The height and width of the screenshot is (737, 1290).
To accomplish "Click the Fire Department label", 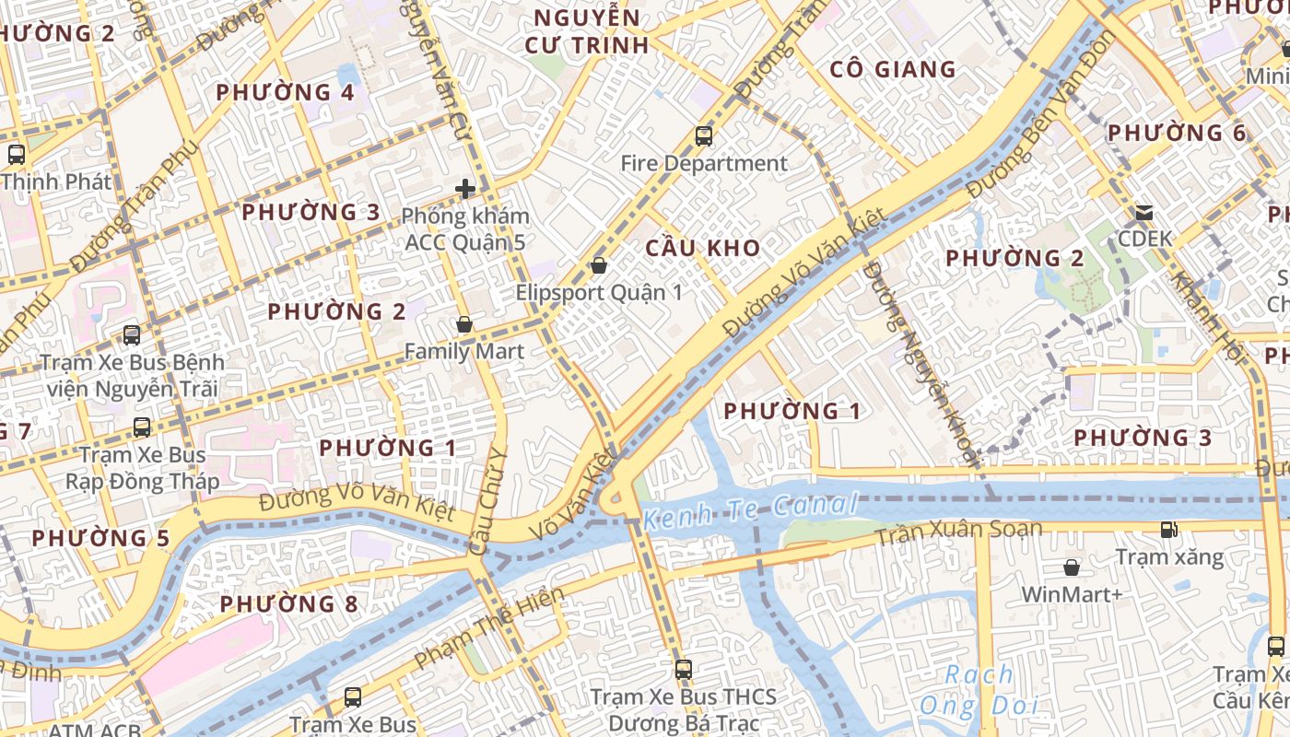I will point(704,164).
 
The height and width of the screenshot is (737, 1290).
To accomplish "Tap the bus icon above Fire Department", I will point(704,136).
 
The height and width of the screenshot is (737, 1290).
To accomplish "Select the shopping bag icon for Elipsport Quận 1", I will point(599,266).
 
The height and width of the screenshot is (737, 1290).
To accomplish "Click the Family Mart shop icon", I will point(464,325).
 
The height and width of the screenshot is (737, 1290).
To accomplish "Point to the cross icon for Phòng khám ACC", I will point(465,190).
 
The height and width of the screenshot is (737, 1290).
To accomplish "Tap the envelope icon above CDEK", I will point(1144,213).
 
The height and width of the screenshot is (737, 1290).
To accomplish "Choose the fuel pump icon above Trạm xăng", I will point(1169,530).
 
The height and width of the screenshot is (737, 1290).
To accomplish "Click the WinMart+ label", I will point(1072,594).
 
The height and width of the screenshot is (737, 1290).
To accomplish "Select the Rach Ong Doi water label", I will point(979,691).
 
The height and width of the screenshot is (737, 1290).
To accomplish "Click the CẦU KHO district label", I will point(703,248).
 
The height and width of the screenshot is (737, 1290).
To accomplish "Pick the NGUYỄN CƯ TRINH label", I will point(586,31).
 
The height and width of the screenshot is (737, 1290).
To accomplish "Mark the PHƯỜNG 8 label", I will point(289,604).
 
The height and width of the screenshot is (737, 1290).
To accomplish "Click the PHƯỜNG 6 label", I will point(1177,133).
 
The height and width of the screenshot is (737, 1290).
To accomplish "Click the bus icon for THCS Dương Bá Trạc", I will point(683,670).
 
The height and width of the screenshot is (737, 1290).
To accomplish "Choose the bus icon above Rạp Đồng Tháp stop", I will point(142,427).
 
